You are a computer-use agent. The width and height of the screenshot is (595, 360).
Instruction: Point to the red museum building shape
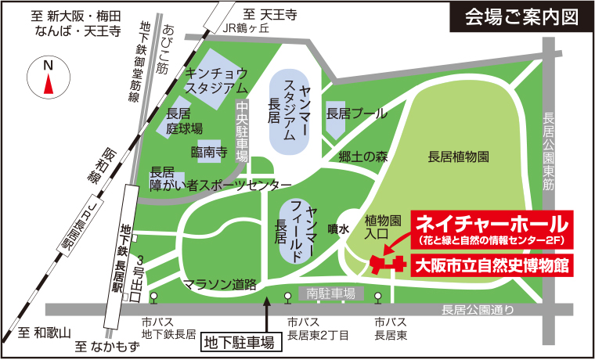(x=384, y=265)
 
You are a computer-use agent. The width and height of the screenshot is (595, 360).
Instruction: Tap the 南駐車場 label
(x=331, y=293)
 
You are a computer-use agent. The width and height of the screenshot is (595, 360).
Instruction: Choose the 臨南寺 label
(x=208, y=151)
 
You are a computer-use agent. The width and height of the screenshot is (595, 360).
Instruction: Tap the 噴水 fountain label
(x=337, y=229)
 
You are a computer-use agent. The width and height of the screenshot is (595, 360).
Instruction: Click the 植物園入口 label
(x=382, y=225)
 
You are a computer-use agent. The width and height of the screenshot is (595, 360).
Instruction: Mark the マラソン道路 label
(x=219, y=285)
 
